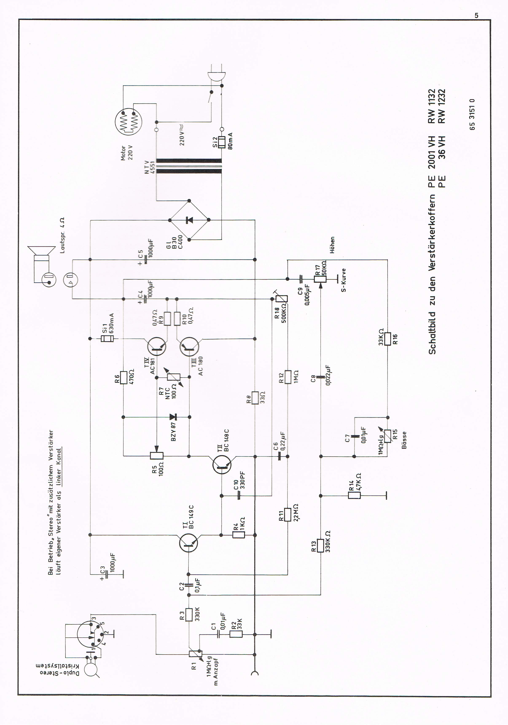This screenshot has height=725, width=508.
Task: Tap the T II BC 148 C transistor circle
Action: [x=222, y=464]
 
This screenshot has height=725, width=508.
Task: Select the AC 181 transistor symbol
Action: [x=157, y=347]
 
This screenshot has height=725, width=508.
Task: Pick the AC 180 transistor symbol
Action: [x=189, y=347]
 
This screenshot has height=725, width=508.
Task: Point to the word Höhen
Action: [x=332, y=245]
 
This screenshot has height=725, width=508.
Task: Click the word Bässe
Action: [x=404, y=440]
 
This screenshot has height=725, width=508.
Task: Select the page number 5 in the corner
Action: [x=476, y=15]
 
